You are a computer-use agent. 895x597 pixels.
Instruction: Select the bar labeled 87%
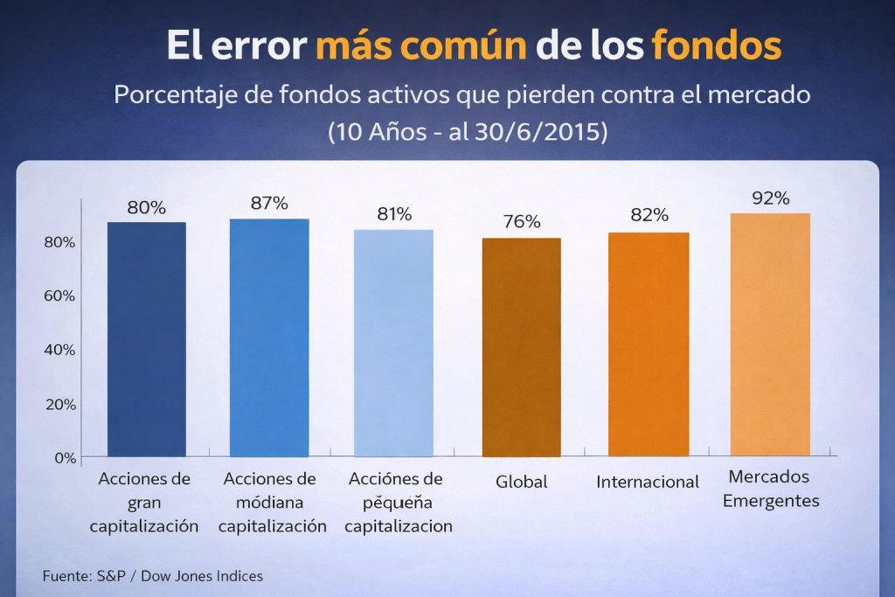tap(269, 337)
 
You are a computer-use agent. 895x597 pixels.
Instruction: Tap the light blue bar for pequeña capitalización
tap(393, 343)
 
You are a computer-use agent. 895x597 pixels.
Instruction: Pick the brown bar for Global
tap(521, 347)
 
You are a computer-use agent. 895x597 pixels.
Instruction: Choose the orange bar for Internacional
tap(648, 344)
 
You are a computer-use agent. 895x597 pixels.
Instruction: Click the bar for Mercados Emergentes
tap(770, 335)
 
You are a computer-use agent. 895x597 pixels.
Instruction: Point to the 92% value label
tap(770, 198)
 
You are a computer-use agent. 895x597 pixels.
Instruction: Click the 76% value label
tap(521, 222)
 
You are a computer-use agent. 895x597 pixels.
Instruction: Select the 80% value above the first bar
tap(146, 208)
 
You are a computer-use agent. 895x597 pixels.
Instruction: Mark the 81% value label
tap(393, 214)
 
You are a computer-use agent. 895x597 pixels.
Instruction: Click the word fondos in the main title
tap(716, 45)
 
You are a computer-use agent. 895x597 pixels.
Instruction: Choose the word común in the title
tap(467, 45)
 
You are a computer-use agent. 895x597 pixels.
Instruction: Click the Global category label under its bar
tap(521, 482)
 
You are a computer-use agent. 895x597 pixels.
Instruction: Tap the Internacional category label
tap(648, 482)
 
